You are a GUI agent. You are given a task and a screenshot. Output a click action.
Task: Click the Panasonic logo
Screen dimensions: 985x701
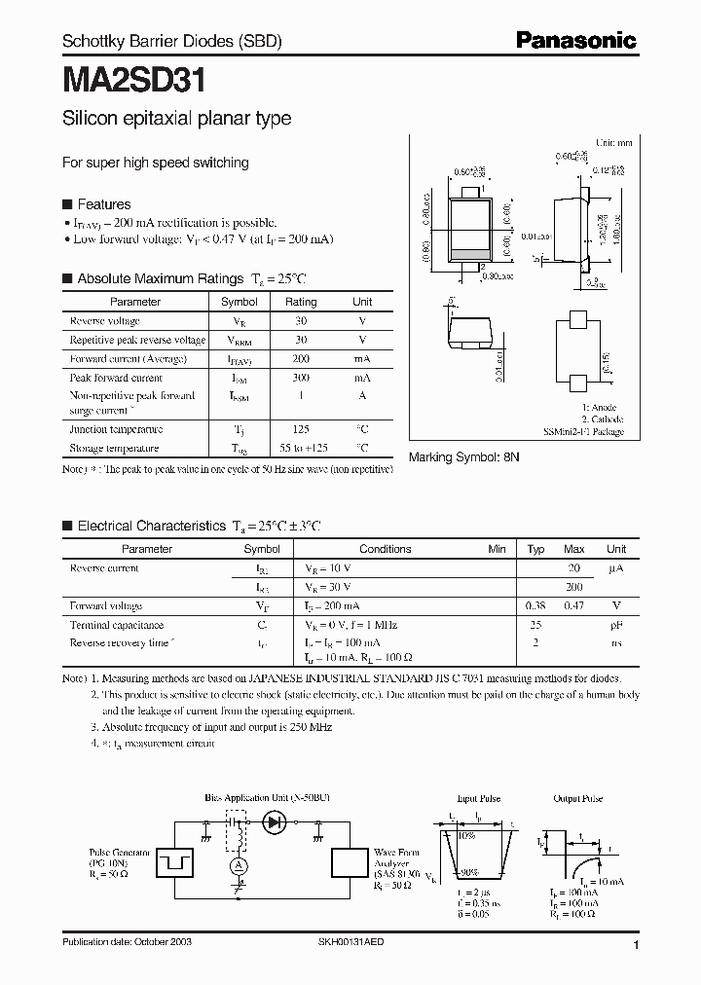click(575, 40)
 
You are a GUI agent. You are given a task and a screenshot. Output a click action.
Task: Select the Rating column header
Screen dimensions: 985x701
click(301, 302)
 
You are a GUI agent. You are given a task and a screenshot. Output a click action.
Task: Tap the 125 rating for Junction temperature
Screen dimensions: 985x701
click(301, 429)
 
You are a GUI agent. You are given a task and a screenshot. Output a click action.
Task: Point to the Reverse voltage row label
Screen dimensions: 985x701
click(105, 321)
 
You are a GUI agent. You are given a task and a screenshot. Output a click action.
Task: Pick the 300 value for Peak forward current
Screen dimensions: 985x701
click(301, 378)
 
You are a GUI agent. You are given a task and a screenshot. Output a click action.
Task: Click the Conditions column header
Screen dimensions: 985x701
click(386, 549)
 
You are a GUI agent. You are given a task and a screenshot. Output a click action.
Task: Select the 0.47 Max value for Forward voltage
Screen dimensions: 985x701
click(574, 605)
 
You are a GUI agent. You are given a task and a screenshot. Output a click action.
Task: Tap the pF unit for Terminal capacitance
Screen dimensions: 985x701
click(616, 624)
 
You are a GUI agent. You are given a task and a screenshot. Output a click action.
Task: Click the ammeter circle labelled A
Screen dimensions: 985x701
click(234, 865)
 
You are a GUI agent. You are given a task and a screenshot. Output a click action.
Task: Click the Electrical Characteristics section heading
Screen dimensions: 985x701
click(151, 526)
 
